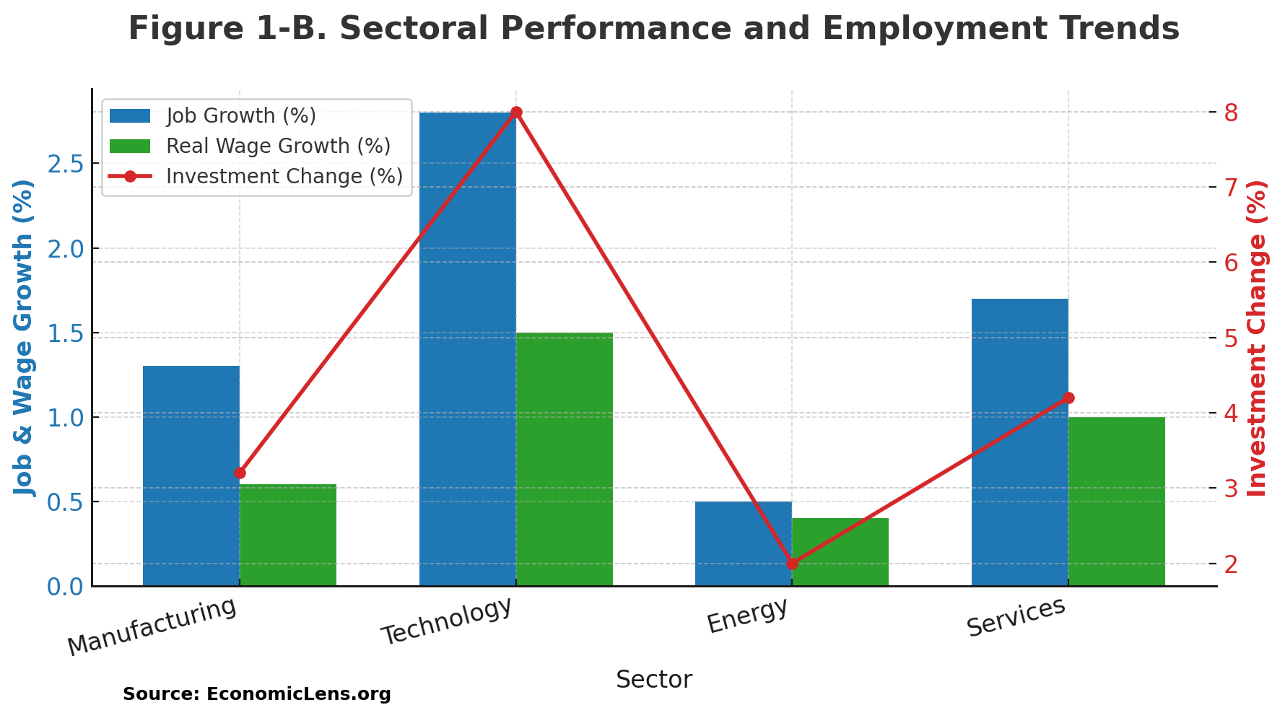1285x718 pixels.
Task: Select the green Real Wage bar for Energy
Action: point(840,552)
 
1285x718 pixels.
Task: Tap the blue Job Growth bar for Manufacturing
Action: point(191,476)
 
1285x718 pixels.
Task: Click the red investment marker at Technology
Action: point(516,113)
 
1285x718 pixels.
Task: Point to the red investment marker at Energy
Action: point(792,564)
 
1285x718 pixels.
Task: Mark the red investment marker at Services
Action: point(1068,398)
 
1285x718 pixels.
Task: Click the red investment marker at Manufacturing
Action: point(240,473)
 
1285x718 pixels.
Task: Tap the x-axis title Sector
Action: point(653,680)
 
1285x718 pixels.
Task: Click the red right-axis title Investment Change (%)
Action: point(1257,338)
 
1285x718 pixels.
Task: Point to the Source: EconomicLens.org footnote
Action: point(256,694)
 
